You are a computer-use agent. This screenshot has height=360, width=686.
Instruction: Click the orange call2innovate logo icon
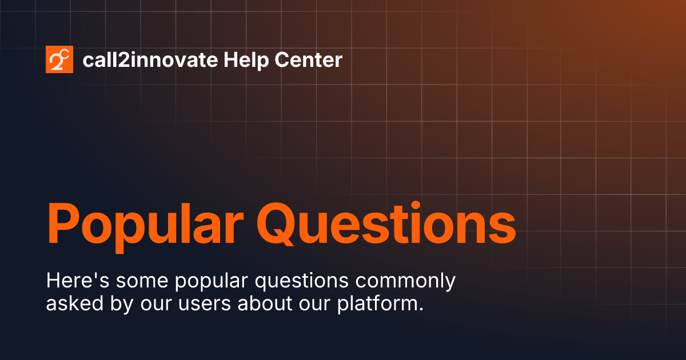coord(59,59)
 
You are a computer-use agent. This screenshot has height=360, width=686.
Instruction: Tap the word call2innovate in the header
coord(150,60)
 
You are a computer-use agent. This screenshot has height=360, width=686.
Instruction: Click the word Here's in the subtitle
coord(74,281)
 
